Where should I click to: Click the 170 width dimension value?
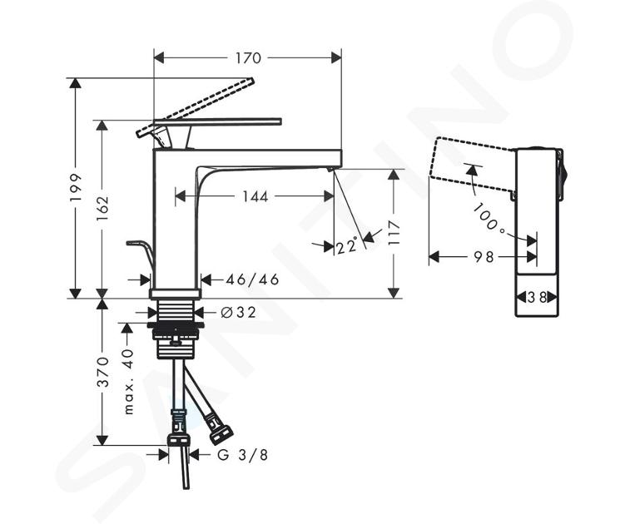(248, 58)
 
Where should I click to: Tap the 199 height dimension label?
(76, 187)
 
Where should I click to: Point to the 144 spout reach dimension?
(255, 196)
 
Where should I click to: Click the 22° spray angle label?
(347, 245)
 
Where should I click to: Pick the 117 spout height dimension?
(394, 233)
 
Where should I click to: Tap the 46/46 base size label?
(252, 279)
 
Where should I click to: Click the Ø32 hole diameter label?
(239, 312)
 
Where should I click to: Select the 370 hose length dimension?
(104, 372)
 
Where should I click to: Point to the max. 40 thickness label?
(128, 382)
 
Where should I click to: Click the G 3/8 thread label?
(243, 455)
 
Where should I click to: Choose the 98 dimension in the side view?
(484, 256)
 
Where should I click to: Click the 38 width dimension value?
(537, 298)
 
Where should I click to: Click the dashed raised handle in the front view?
(196, 106)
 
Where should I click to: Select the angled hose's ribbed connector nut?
(221, 431)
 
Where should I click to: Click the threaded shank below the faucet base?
(174, 312)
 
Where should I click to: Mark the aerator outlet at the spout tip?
(330, 170)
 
